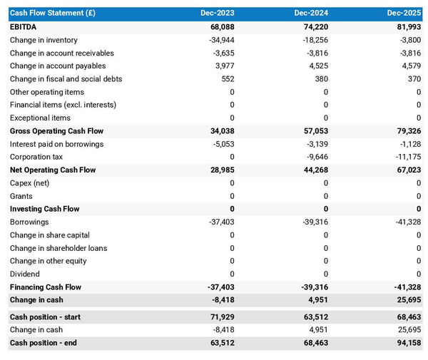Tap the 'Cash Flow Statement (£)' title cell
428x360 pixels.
click(54, 14)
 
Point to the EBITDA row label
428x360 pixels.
click(24, 27)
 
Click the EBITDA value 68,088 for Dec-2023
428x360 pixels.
click(222, 27)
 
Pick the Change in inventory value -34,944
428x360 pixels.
click(220, 40)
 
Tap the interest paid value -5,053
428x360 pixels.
click(222, 144)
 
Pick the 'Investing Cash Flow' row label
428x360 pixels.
click(44, 209)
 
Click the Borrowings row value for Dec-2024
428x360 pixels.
click(313, 222)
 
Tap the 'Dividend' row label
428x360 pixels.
click(25, 274)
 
